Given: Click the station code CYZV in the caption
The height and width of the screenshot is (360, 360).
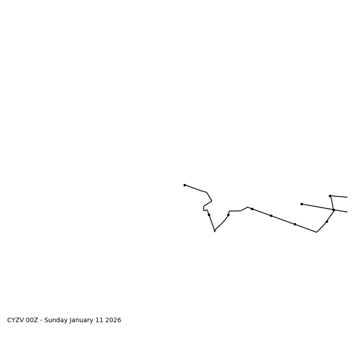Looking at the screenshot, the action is tap(16, 320).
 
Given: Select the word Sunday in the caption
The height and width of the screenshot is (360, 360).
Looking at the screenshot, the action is tap(56, 320).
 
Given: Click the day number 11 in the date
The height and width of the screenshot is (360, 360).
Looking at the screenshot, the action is tap(103, 320).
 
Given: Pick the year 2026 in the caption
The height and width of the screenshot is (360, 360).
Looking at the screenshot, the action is tap(115, 320).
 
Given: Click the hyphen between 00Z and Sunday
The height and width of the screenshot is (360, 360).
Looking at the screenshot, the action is tap(41, 320).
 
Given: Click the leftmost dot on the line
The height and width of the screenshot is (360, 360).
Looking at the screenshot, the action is tap(184, 185).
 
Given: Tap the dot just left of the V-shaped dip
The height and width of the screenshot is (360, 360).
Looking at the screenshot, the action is tap(209, 215).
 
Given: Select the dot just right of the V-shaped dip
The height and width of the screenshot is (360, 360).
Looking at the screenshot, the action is tap(228, 215).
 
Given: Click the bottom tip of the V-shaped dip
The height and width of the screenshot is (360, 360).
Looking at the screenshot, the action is tap(215, 232).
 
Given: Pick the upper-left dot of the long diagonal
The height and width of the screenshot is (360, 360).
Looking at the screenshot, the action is tap(252, 209).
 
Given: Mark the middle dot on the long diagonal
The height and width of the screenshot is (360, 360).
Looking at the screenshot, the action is tap(271, 216).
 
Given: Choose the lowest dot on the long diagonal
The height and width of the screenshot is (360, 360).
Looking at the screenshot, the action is tap(295, 224).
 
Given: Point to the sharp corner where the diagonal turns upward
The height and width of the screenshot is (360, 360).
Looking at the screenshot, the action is tap(317, 232).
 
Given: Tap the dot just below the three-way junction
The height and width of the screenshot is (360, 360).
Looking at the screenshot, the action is tap(327, 221).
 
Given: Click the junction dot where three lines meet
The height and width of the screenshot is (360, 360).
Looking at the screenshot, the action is tap(333, 210).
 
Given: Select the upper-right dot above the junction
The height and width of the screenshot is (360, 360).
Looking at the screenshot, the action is tap(330, 196).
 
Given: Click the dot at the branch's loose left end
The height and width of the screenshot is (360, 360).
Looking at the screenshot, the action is tap(301, 204).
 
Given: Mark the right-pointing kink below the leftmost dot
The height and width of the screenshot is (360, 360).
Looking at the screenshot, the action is tap(211, 201).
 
